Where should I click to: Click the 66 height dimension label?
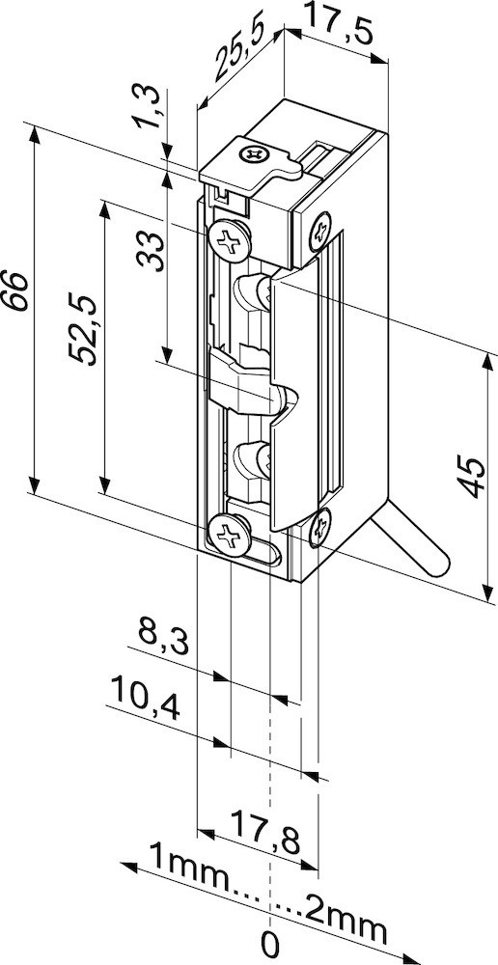point(14,289)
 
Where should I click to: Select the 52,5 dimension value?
point(82,330)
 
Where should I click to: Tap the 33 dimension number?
point(151,251)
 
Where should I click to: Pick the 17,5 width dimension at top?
point(339,25)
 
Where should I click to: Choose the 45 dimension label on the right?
point(473,477)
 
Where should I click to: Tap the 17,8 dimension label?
point(266,832)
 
